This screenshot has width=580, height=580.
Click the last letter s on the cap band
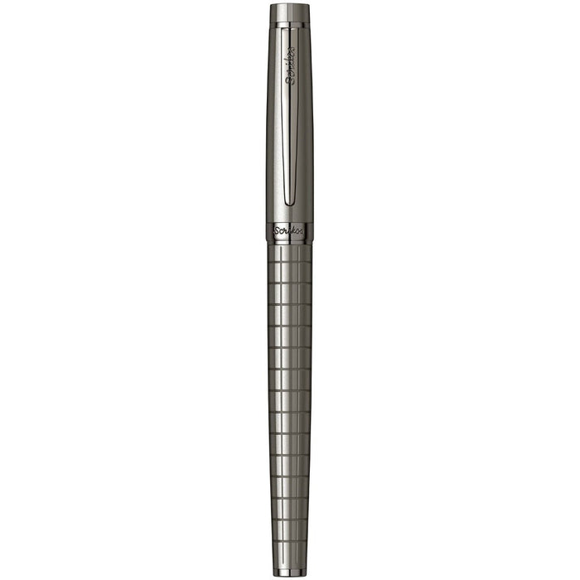pyautogui.click(x=302, y=233)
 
